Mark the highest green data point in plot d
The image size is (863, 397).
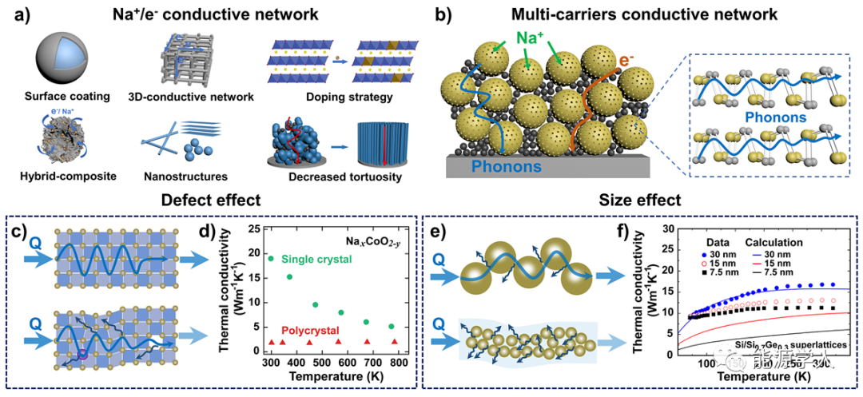point(271,258)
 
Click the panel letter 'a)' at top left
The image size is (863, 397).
point(18,14)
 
